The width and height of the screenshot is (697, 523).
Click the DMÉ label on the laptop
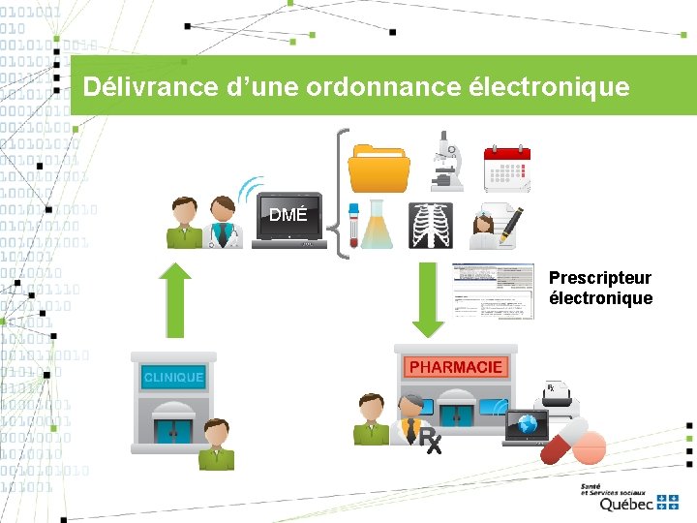click(x=288, y=215)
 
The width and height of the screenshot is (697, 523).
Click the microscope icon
click(x=445, y=160)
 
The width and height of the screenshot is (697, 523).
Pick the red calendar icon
click(x=507, y=168)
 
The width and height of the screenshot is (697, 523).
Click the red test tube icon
click(x=353, y=224)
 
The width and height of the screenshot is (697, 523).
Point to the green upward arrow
click(x=175, y=298)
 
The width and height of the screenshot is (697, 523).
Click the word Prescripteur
click(x=600, y=279)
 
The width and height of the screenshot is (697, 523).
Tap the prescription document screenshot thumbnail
click(x=493, y=291)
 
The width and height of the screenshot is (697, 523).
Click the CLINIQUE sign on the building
click(x=173, y=377)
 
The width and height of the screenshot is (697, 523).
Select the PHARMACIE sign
click(x=456, y=367)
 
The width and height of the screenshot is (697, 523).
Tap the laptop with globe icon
click(x=527, y=427)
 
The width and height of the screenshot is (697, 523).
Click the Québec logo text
click(x=626, y=504)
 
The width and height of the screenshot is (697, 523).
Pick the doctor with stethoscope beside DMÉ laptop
click(x=224, y=222)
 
